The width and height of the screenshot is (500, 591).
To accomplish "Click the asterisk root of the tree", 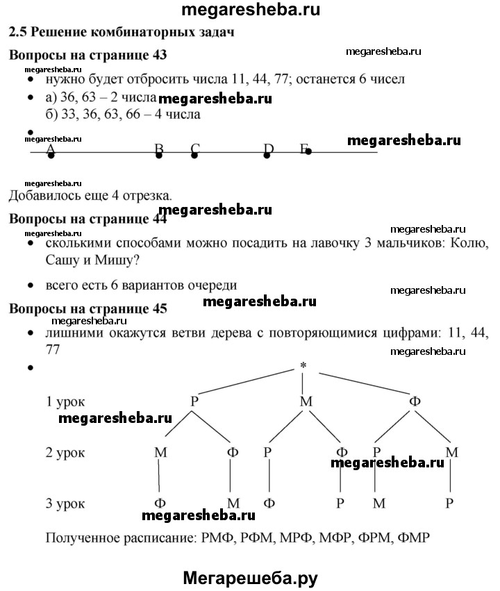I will tap(303, 366).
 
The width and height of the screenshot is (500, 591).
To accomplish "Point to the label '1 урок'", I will tap(66, 401).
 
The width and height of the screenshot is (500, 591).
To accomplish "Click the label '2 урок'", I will tap(66, 452).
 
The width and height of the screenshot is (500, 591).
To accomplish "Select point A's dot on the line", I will tap(51, 156).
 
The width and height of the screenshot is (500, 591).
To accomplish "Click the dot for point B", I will tap(160, 156).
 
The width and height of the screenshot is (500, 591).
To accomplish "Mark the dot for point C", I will tap(194, 156).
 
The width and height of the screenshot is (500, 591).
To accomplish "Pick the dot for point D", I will tap(267, 156).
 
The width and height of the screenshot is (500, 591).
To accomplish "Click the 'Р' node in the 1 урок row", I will tap(195, 401).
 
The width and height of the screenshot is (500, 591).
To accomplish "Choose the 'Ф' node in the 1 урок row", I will tap(415, 401).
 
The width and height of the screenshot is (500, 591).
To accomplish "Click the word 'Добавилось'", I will tap(41, 195).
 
